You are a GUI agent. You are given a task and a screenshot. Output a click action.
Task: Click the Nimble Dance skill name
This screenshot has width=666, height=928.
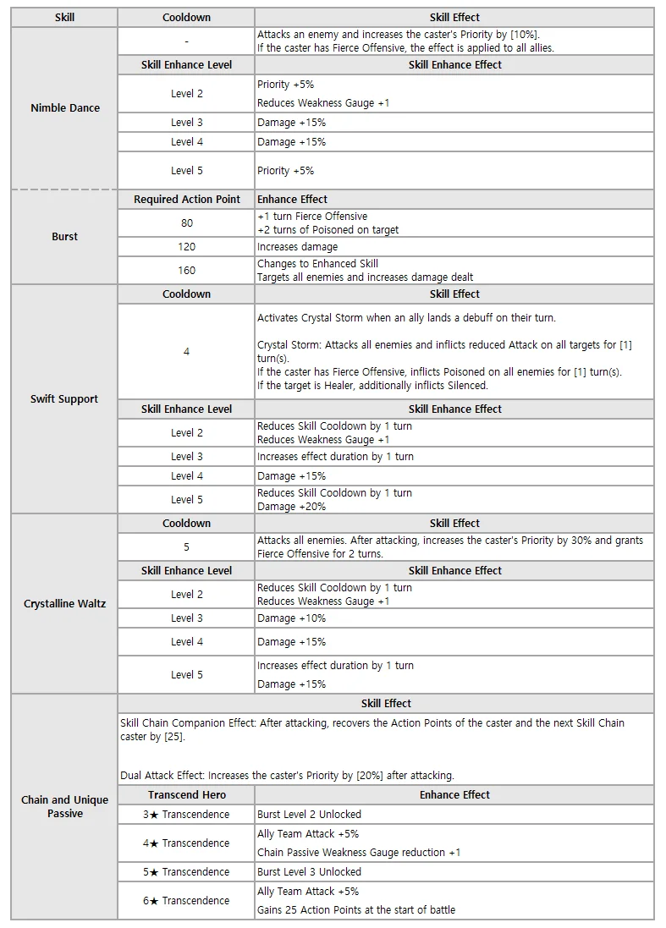[x=65, y=108]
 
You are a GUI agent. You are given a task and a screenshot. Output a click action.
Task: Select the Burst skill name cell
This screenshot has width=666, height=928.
[x=65, y=237]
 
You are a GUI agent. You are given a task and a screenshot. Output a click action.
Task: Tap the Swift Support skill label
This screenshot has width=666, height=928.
[x=65, y=399]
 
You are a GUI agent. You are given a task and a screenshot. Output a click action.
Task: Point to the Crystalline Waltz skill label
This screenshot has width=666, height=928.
[x=65, y=604]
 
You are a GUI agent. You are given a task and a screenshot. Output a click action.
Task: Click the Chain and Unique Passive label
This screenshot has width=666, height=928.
[x=65, y=806]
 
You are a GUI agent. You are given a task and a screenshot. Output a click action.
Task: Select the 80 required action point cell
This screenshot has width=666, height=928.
[x=187, y=223]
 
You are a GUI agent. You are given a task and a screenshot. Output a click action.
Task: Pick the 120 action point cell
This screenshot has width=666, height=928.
[x=187, y=247]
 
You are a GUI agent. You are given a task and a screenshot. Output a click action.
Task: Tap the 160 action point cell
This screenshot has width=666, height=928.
[x=187, y=271]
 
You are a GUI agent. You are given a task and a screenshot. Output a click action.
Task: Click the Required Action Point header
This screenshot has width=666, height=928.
[x=187, y=200]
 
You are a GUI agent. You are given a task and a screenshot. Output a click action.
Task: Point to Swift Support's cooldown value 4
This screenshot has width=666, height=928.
[x=187, y=352]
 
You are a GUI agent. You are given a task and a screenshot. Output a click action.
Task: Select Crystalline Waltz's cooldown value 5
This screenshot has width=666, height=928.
[x=187, y=547]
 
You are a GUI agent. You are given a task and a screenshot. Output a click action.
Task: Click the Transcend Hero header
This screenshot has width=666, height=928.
[x=187, y=795]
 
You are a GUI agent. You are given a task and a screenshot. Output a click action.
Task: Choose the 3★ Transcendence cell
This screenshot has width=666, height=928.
[x=187, y=815]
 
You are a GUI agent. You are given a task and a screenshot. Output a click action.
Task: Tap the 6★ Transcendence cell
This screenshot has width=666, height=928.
[x=187, y=901]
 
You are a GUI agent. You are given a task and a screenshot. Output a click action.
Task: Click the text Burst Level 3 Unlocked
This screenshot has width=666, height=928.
[x=310, y=872]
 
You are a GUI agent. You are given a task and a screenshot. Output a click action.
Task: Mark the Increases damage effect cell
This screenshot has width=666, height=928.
[x=298, y=247]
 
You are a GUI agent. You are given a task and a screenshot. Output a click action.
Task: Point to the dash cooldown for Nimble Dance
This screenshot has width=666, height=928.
[x=187, y=41]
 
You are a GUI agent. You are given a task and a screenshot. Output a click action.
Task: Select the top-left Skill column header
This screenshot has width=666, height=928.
[x=65, y=17]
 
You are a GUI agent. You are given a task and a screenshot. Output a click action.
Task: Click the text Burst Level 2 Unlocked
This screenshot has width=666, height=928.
[x=310, y=815]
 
